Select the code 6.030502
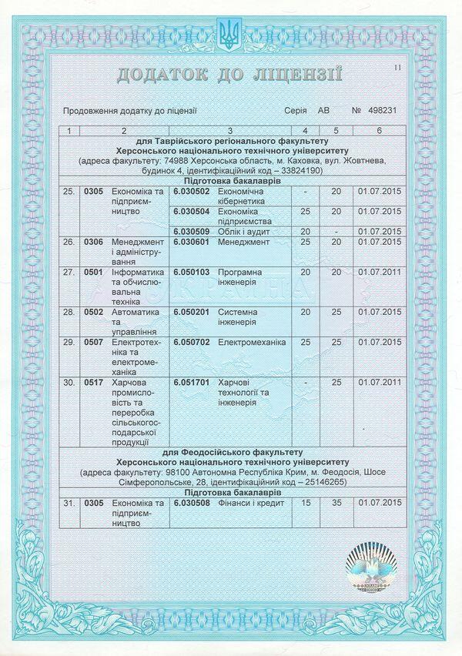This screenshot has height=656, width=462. [x=192, y=190]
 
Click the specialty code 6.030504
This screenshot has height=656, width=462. [x=192, y=211]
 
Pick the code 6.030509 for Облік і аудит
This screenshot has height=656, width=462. [x=192, y=231]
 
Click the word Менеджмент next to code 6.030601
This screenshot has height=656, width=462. [x=244, y=242]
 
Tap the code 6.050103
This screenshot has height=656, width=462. [x=192, y=273]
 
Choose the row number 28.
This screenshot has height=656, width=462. [x=69, y=312]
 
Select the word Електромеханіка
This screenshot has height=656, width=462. [x=252, y=341]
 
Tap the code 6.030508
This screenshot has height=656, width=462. [x=192, y=503]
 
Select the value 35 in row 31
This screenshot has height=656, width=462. [x=336, y=503]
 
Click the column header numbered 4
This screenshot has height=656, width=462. [x=306, y=131]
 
